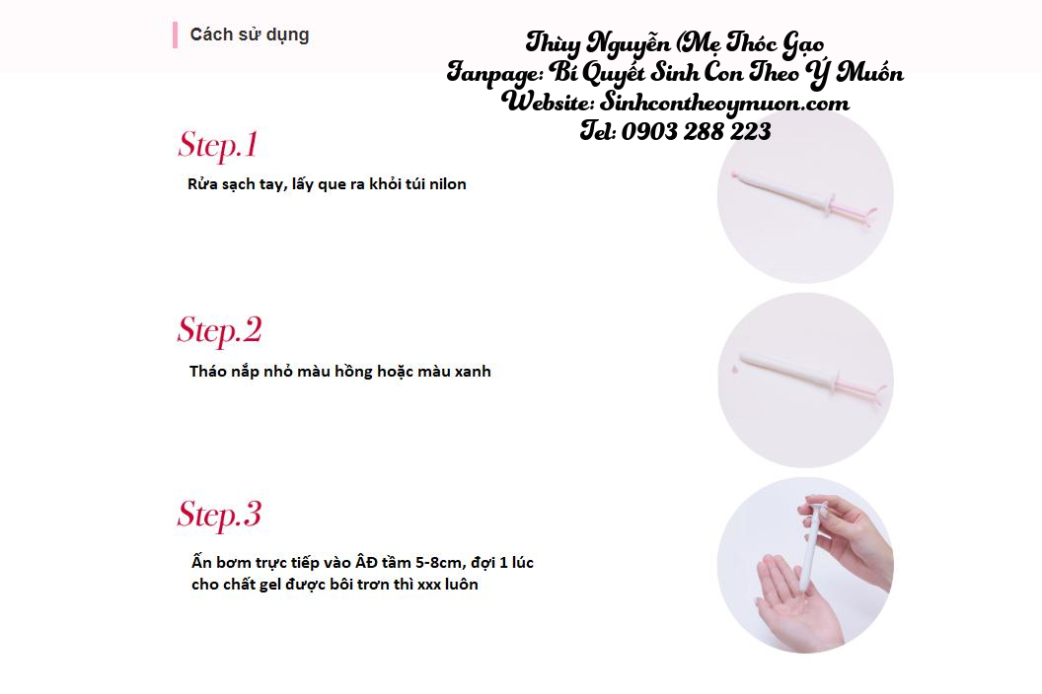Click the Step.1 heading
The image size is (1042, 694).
[x=218, y=146]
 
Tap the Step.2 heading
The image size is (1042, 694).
[x=220, y=330]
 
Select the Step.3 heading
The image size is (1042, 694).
[x=220, y=515]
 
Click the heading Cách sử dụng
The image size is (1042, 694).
[x=250, y=35]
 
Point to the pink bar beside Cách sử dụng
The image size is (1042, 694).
[x=175, y=35]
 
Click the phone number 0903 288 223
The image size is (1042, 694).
[x=696, y=131]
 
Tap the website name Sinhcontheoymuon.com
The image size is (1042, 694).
[x=724, y=103]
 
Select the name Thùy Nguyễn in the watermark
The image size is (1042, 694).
[x=598, y=43]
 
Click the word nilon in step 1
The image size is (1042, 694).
[x=447, y=184]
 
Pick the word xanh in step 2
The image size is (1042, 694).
[x=473, y=372]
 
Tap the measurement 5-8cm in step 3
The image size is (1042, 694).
[x=438, y=563]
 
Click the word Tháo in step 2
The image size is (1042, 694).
[x=208, y=372]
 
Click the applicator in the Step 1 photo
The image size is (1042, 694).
[x=804, y=194]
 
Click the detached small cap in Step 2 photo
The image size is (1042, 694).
[x=735, y=369]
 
